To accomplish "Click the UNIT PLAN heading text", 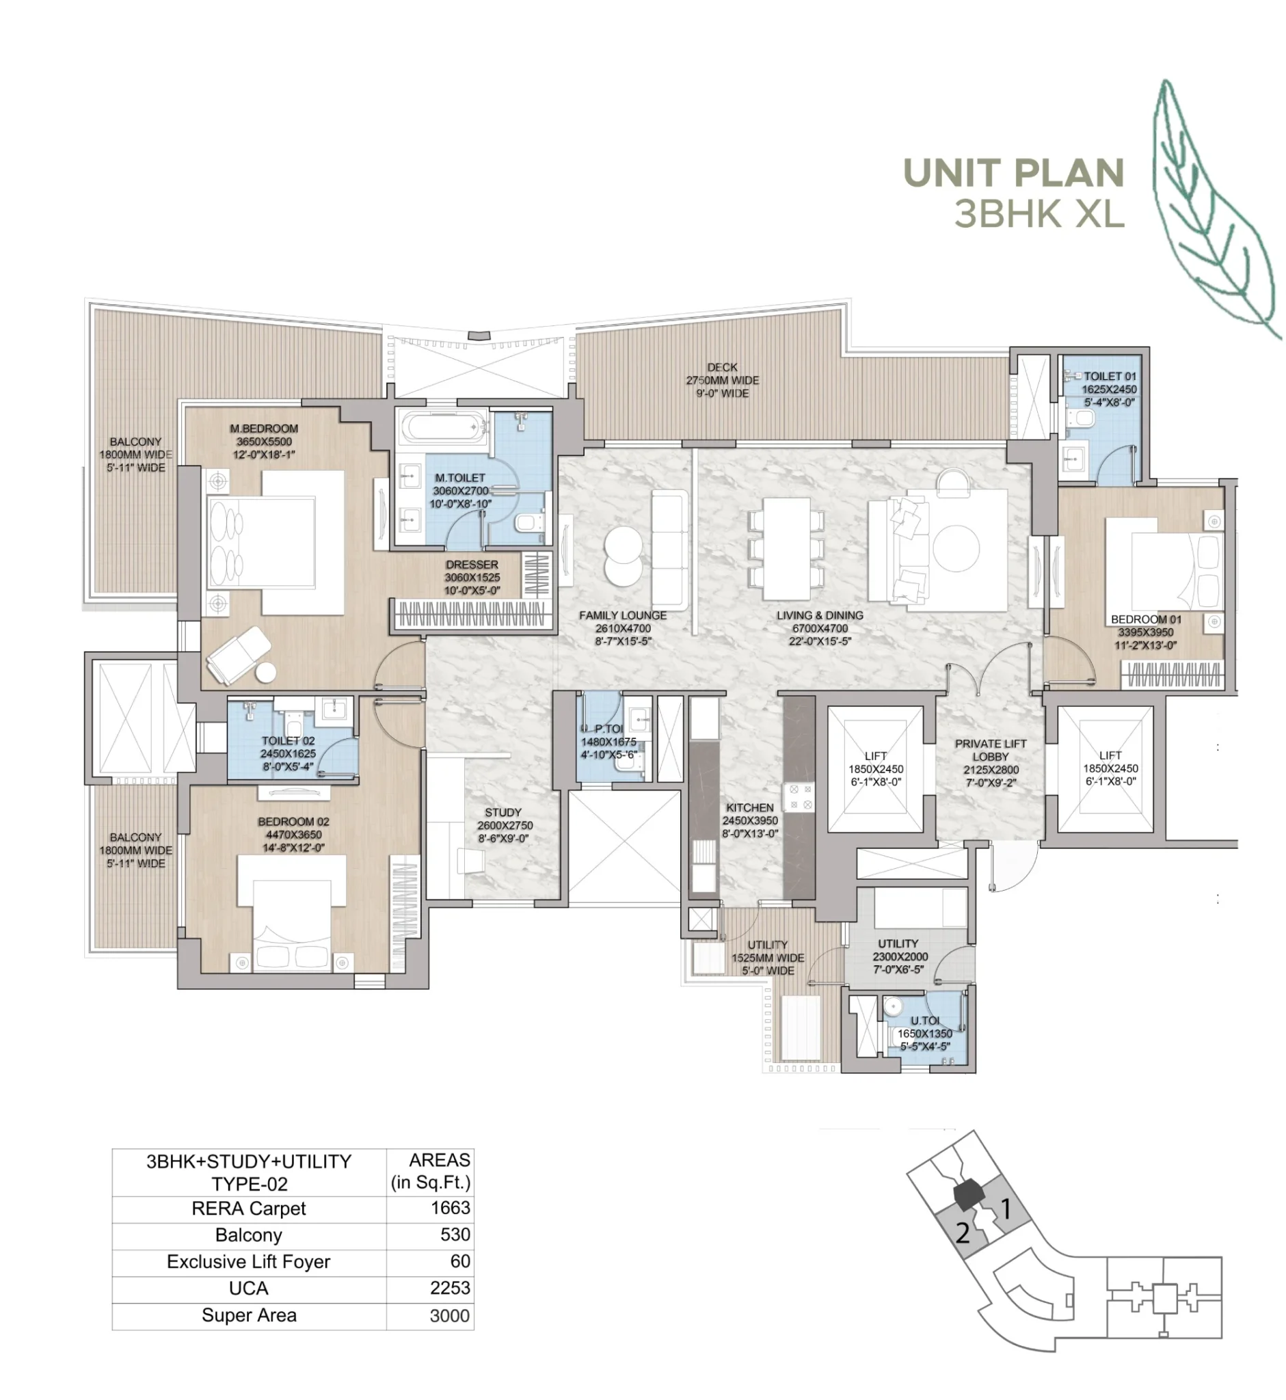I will coord(1013,173).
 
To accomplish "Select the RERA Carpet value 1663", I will coord(451,1207).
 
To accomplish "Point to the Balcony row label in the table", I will coord(248,1235).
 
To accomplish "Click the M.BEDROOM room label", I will coord(264,429).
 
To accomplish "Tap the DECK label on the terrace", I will coord(722,367).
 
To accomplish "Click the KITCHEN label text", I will coord(749,807).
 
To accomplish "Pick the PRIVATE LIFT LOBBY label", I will coord(990,750).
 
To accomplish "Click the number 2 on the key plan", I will coord(963,1233).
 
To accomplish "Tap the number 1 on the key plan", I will coord(1005,1209).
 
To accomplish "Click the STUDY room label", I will coord(503,812).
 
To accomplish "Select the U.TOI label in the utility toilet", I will coord(925,1020).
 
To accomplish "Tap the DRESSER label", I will coord(472,565).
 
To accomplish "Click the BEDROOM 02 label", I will coord(293,821).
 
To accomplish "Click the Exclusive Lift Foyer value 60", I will coord(459,1261).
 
